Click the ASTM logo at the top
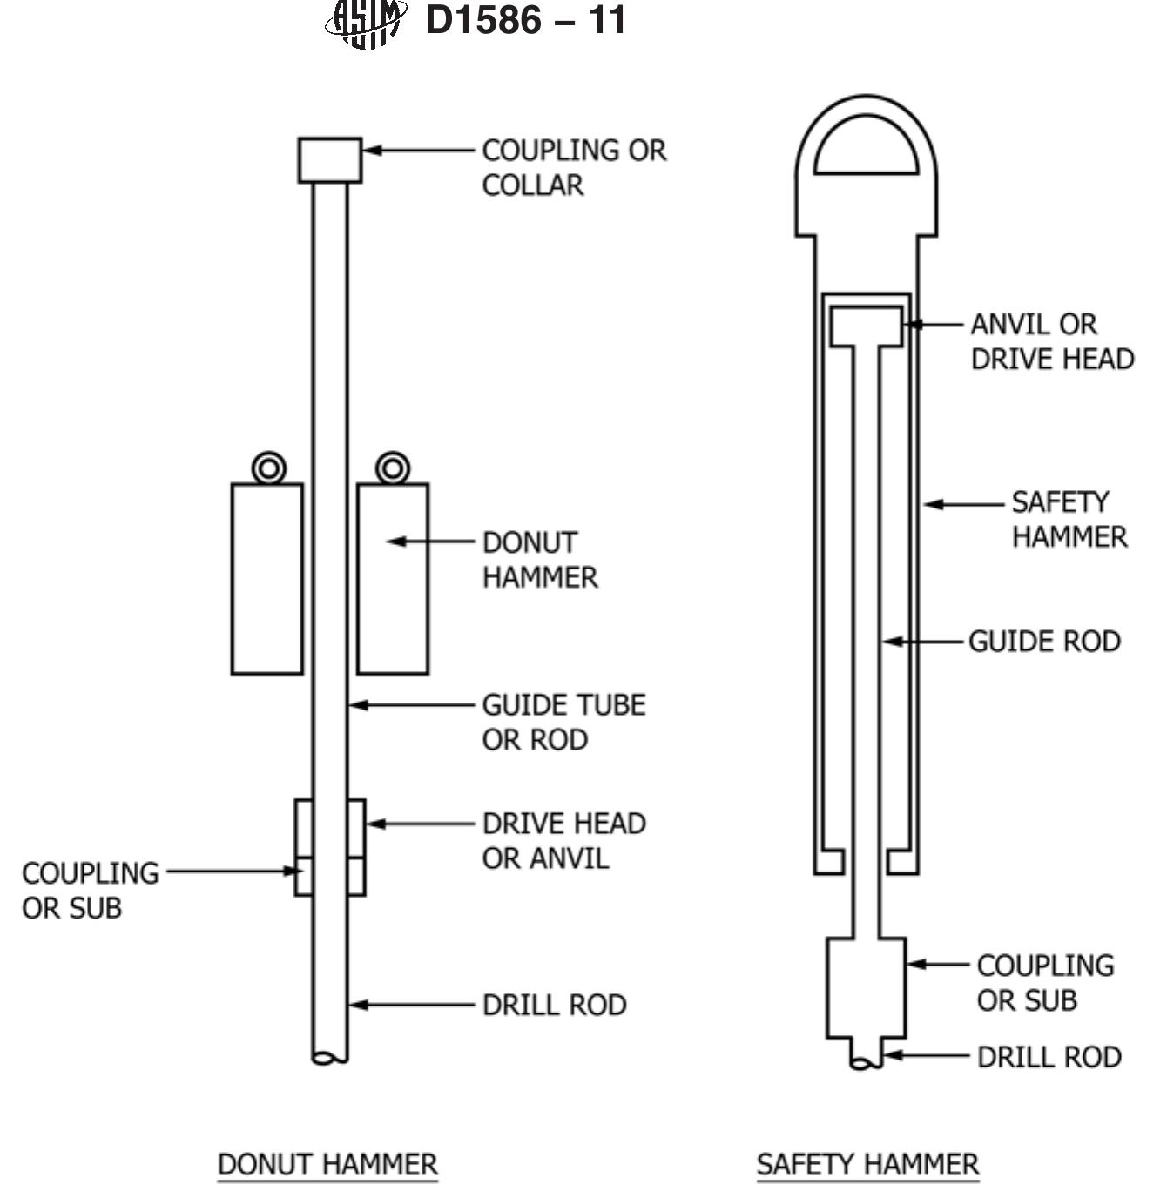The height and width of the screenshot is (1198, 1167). [366, 23]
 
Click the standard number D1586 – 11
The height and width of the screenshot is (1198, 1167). [525, 20]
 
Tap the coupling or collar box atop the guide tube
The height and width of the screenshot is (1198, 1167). [329, 160]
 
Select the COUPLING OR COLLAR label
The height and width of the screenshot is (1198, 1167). [574, 167]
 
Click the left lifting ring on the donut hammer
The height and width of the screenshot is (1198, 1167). [268, 468]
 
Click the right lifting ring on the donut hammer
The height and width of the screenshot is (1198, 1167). [393, 468]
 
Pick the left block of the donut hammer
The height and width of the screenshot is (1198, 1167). [267, 579]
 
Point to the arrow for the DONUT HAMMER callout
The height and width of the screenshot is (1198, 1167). [430, 542]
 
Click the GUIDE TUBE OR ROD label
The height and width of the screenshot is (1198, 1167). [564, 722]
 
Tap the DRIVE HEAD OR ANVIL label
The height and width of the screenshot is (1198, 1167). [564, 841]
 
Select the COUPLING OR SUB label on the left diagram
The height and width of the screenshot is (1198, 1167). [91, 891]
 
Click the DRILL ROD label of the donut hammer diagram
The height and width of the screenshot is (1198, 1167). [554, 1006]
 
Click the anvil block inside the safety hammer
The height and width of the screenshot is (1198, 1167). [867, 326]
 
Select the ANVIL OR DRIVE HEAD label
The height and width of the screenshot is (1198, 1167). [1052, 341]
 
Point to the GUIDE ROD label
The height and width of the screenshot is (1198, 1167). [1044, 642]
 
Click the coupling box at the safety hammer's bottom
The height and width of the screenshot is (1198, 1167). [867, 988]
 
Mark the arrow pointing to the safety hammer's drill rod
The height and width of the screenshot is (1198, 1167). [927, 1055]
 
